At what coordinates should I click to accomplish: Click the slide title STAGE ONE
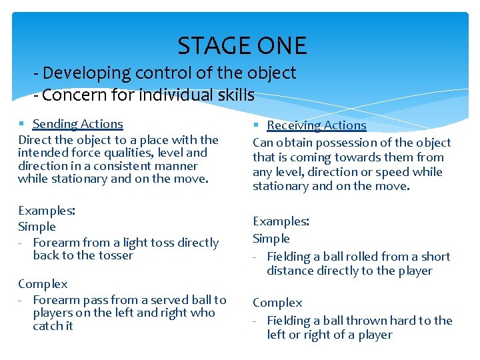coord(242,46)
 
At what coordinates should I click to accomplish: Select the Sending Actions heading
coord(77,124)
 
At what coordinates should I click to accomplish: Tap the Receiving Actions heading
coord(316,125)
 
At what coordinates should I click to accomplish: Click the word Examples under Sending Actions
coord(46,211)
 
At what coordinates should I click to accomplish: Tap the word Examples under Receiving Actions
coord(281,221)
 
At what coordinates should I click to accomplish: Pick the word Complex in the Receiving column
coord(277,303)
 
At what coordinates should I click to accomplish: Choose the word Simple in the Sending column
coord(37,227)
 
